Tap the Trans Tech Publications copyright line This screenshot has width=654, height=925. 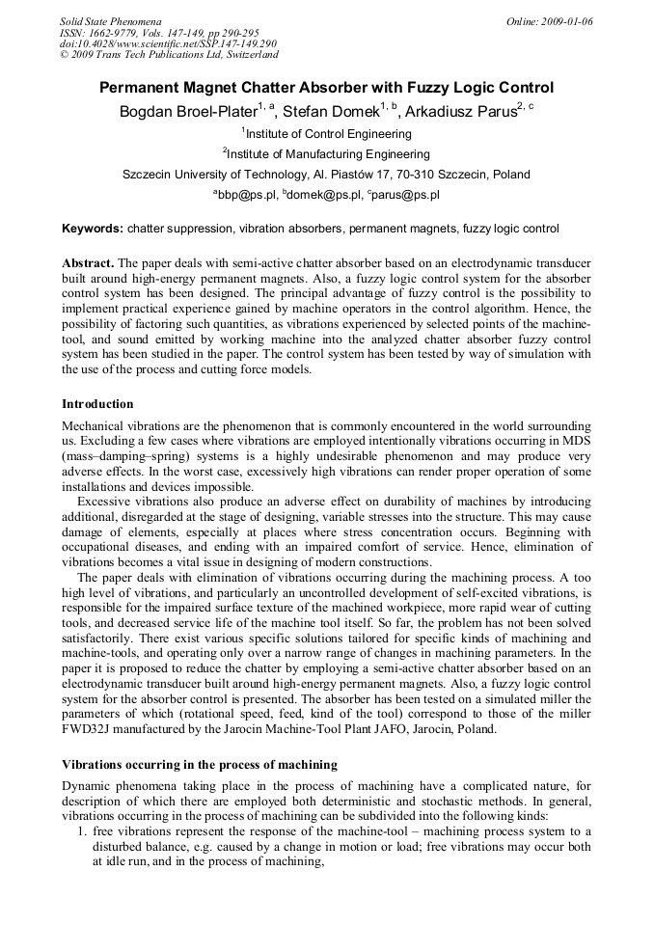tap(169, 56)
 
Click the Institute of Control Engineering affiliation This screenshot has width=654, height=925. tap(328, 134)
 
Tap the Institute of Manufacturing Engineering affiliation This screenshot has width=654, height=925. tap(328, 154)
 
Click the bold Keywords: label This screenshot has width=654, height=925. tap(93, 230)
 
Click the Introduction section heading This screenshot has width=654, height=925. tap(97, 404)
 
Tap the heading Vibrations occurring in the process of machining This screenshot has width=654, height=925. tap(199, 765)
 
